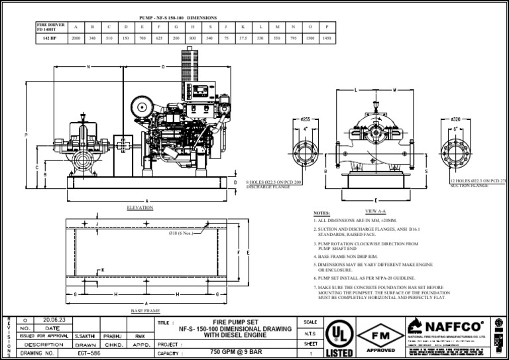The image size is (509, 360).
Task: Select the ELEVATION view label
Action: click(x=140, y=208)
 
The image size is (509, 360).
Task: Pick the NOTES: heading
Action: click(x=321, y=213)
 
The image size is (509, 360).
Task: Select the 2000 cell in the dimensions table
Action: click(x=76, y=39)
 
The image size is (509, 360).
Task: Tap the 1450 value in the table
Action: click(x=326, y=39)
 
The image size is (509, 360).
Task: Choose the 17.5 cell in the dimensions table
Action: click(x=243, y=39)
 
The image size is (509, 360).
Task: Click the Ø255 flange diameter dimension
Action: click(x=306, y=119)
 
